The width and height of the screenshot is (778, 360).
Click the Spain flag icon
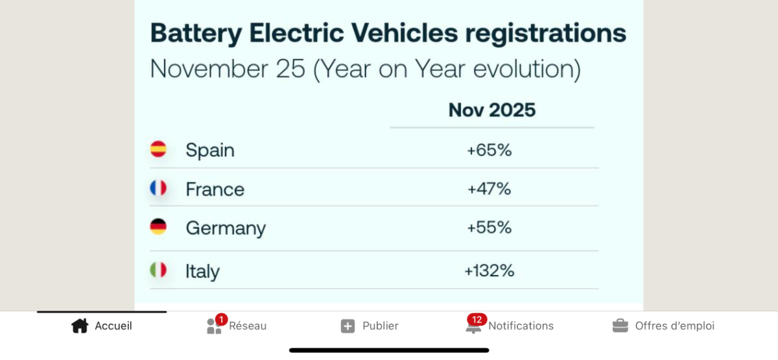[x=158, y=149]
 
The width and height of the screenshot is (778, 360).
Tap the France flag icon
[x=158, y=188]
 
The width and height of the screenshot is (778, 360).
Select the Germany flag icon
[x=158, y=226]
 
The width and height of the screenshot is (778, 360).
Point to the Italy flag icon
[x=158, y=270]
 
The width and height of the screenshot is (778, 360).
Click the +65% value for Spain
[x=489, y=150]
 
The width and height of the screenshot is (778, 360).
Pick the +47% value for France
[x=489, y=189]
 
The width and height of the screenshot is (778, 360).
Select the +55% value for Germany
[x=489, y=228]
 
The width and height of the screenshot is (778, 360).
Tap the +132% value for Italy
[x=489, y=270]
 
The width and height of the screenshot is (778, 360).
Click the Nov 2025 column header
[x=492, y=110]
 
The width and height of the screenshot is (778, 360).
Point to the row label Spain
[x=210, y=150]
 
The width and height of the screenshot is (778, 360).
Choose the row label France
[x=215, y=189]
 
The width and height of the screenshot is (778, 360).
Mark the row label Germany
[x=226, y=228]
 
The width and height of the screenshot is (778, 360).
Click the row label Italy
[x=202, y=271]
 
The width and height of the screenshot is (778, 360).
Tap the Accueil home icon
[x=79, y=326]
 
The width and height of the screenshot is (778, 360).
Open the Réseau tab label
[x=248, y=326]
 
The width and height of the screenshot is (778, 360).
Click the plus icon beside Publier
[x=348, y=326]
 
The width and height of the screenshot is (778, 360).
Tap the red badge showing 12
[x=477, y=319]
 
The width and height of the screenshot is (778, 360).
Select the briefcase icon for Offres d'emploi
[x=620, y=326]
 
